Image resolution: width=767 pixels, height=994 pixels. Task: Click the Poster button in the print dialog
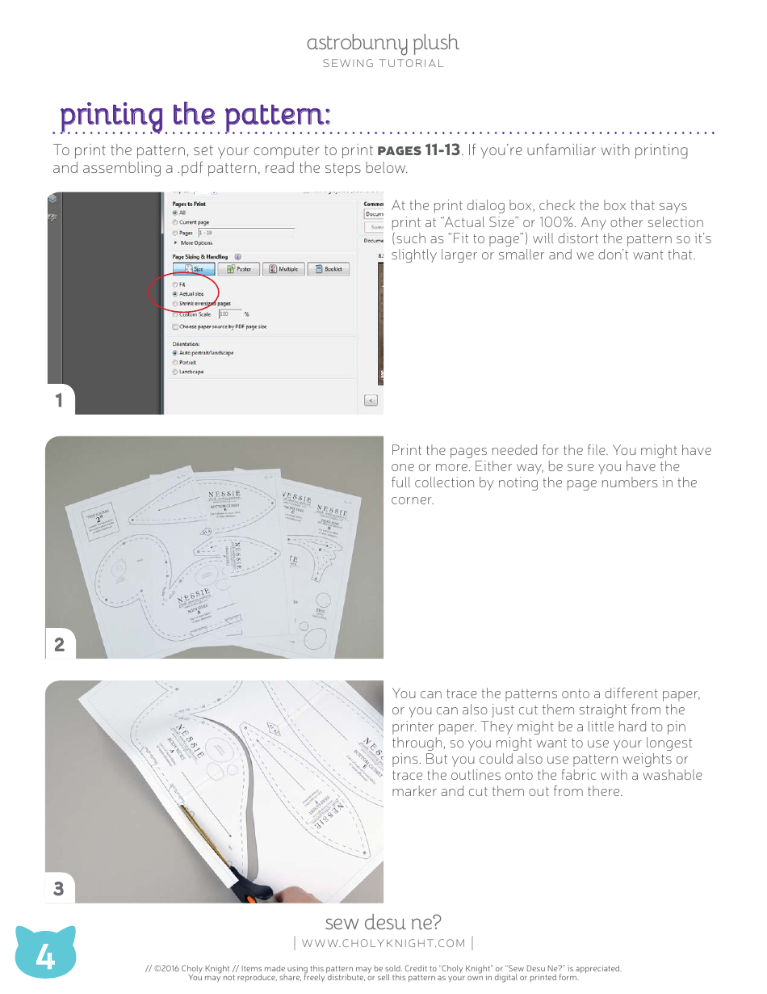click(238, 269)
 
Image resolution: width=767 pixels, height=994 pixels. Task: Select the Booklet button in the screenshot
click(329, 269)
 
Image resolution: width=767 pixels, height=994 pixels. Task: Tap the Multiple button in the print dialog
click(284, 269)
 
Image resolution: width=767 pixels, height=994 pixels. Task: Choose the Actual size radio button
click(175, 294)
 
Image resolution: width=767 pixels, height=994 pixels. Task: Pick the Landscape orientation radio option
click(175, 372)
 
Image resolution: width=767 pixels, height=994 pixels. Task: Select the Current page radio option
click(175, 222)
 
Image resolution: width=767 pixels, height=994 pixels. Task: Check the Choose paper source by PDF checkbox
click(175, 326)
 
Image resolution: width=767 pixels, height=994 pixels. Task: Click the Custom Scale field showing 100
click(228, 314)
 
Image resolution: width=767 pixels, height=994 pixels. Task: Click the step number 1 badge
click(59, 400)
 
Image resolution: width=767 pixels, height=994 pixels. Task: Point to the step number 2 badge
click(59, 644)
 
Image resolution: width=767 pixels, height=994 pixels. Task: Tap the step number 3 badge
click(59, 889)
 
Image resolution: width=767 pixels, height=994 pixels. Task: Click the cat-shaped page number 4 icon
click(45, 957)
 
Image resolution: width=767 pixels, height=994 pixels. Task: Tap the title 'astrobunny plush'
click(383, 43)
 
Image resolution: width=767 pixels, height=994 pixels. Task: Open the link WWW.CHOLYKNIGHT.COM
click(383, 943)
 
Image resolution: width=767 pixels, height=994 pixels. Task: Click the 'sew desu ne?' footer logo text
click(383, 922)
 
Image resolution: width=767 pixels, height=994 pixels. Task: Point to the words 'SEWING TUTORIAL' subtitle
click(383, 63)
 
